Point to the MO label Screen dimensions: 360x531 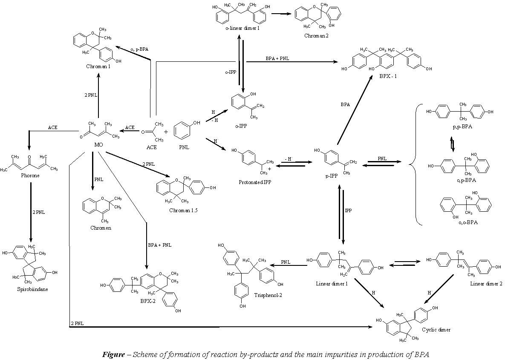98,145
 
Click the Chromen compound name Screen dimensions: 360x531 101,228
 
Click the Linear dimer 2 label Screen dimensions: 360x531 486,283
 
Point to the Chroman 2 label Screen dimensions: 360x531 316,36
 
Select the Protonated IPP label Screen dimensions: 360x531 255,182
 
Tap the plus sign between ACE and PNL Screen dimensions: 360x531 165,132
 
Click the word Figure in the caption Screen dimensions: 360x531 113,354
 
